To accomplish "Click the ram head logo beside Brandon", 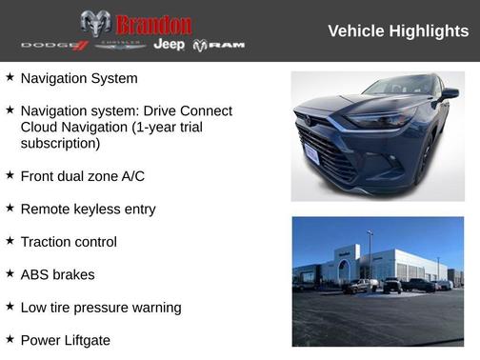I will [x=94, y=23].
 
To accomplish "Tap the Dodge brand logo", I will [x=54, y=45].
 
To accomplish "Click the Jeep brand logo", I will [x=170, y=45].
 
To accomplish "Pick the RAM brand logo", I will [x=219, y=45].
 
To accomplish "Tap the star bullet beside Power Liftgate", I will [x=10, y=339].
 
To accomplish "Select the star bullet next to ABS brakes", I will [x=10, y=273].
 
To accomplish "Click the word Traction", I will [x=48, y=242].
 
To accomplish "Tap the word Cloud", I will [x=40, y=128].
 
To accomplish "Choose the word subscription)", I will [x=60, y=144].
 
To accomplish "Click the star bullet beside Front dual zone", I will [x=10, y=175].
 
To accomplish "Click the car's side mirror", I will [x=449, y=94].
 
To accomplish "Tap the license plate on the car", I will [x=311, y=154].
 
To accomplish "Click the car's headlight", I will [x=378, y=121].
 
